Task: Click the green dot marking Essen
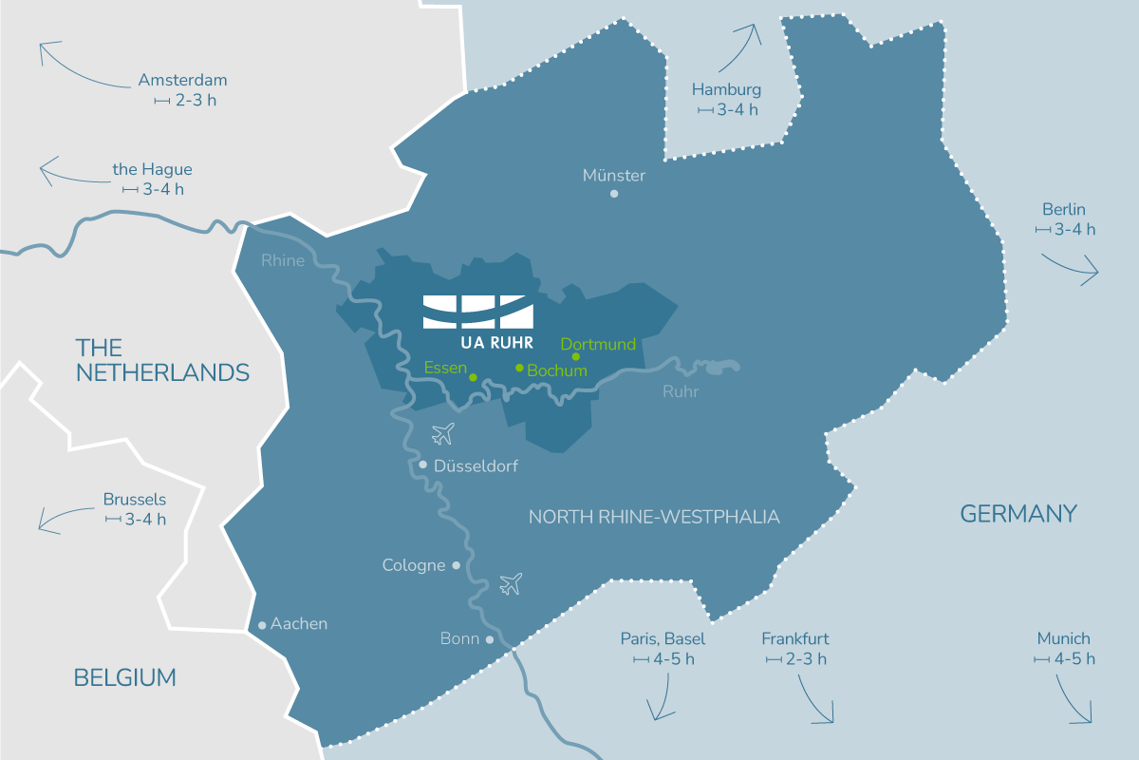pyautogui.click(x=473, y=377)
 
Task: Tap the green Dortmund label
pyautogui.click(x=598, y=344)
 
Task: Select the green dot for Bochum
pyautogui.click(x=519, y=368)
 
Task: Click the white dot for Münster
pyautogui.click(x=614, y=194)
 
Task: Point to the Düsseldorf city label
pyautogui.click(x=476, y=465)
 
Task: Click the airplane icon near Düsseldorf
pyautogui.click(x=442, y=434)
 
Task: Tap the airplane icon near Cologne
pyautogui.click(x=511, y=582)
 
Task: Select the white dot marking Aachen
pyautogui.click(x=262, y=625)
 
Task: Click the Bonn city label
pyautogui.click(x=459, y=638)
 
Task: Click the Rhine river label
pyautogui.click(x=283, y=259)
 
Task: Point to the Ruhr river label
pyautogui.click(x=680, y=389)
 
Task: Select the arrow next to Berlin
pyautogui.click(x=1073, y=268)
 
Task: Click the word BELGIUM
pyautogui.click(x=125, y=677)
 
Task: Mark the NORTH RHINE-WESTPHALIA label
pyautogui.click(x=654, y=517)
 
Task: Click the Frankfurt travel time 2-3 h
pyautogui.click(x=796, y=658)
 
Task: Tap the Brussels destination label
pyautogui.click(x=135, y=499)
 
